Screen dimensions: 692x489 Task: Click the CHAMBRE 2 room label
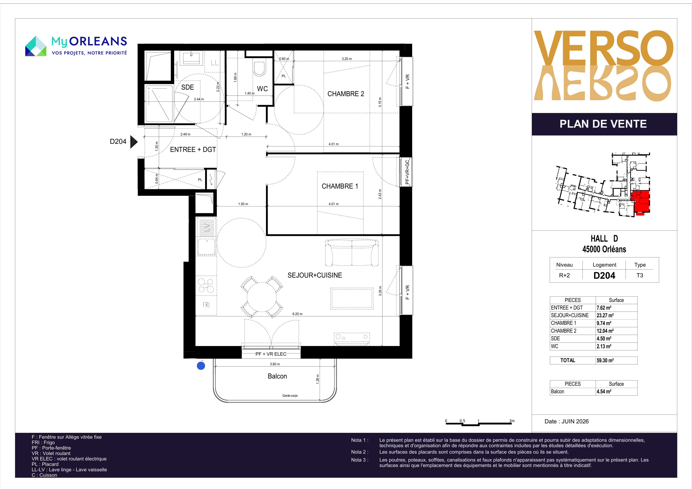point(346,94)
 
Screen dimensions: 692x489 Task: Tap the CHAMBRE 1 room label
point(340,186)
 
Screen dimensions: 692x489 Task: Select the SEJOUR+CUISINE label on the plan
point(315,275)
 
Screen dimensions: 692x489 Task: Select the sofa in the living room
point(352,253)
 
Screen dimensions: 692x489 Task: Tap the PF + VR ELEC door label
point(271,354)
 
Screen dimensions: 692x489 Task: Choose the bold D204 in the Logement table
point(604,275)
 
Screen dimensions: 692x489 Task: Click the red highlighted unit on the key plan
point(640,201)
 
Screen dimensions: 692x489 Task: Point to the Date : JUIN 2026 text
point(567,422)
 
